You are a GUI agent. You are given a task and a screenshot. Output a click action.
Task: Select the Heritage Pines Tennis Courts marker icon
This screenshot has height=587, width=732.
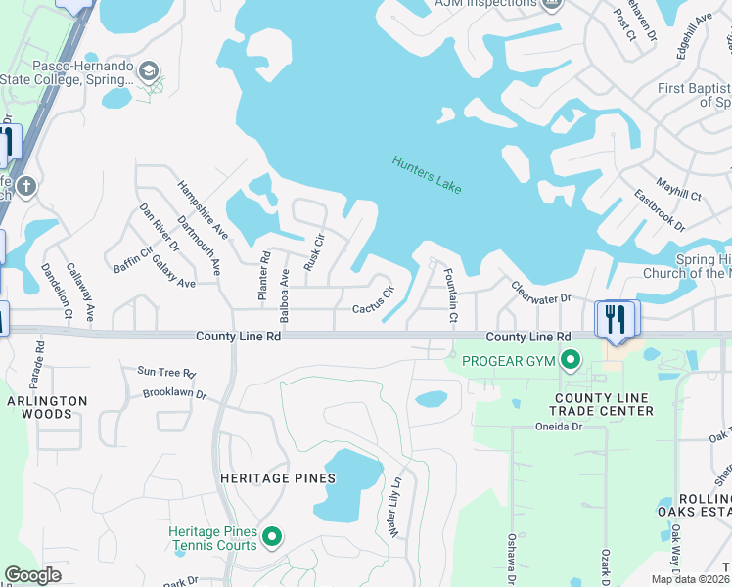pyautogui.click(x=272, y=536)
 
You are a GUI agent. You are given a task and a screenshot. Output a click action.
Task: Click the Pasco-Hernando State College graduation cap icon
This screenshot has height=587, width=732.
pyautogui.click(x=148, y=71)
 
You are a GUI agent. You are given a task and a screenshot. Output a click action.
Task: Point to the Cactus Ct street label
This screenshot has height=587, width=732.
pyautogui.click(x=373, y=300)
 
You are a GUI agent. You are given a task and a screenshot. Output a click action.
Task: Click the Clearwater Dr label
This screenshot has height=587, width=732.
pyautogui.click(x=540, y=291)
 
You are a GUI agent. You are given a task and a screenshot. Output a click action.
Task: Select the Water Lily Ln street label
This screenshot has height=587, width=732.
pyautogui.click(x=396, y=508)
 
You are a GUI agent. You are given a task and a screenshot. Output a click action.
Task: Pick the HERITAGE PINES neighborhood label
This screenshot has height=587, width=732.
pyautogui.click(x=279, y=478)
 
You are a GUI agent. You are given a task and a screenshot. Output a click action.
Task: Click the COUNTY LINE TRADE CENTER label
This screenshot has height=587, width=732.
pyautogui.click(x=604, y=404)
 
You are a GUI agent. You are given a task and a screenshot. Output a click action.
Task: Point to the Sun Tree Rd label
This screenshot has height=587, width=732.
pyautogui.click(x=166, y=373)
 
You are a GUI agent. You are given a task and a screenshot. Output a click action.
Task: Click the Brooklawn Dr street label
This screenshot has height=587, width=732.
pyautogui.click(x=174, y=395)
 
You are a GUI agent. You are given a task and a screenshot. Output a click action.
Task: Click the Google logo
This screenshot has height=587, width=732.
pyautogui.click(x=33, y=575)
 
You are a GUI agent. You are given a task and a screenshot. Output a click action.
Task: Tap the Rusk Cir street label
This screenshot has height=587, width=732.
pyautogui.click(x=313, y=252)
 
